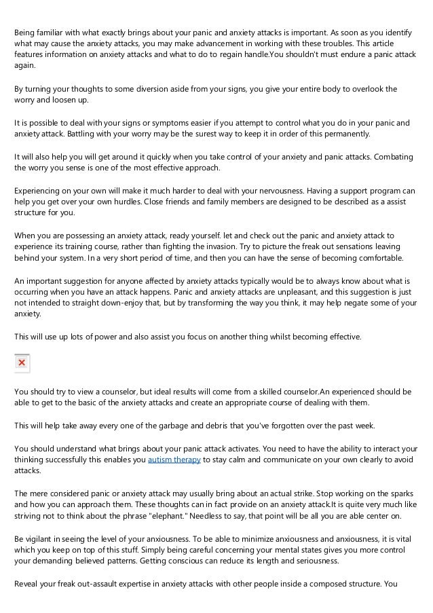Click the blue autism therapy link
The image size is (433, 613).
tap(174, 460)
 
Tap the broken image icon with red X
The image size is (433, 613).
tap(22, 363)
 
